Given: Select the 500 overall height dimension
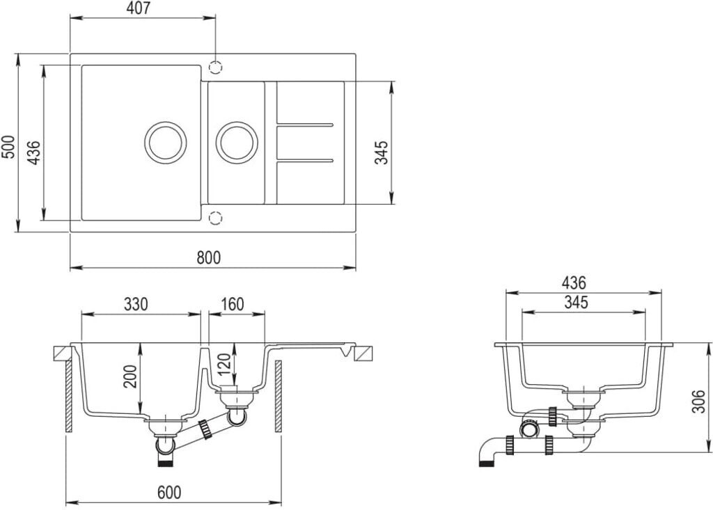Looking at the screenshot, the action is click(x=8, y=146).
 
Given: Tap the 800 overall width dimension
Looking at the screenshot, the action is click(x=208, y=257).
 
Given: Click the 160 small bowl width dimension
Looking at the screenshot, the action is click(x=232, y=305).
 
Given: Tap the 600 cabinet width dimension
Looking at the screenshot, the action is click(x=169, y=493).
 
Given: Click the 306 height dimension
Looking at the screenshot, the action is click(x=698, y=400).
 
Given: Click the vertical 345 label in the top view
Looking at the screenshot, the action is click(x=382, y=152).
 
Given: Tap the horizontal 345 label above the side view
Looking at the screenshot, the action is click(x=577, y=303).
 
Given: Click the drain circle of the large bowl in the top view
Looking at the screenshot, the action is click(x=165, y=143).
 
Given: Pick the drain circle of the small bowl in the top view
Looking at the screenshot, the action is click(x=237, y=143).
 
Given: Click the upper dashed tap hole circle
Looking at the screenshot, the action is click(x=216, y=67).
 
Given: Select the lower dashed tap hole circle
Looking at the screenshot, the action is click(x=216, y=218).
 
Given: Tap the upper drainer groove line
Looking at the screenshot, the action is click(x=305, y=125).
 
